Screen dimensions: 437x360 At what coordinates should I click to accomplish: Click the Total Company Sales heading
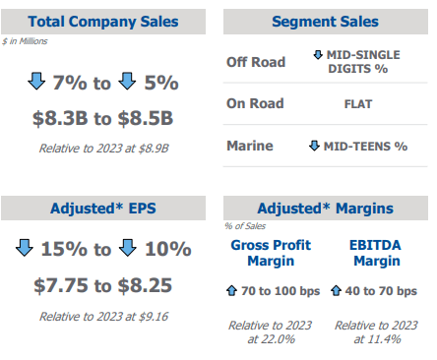click(x=103, y=22)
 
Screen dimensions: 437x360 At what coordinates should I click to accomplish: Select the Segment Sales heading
click(x=325, y=22)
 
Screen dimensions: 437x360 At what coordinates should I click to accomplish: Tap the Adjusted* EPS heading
click(x=103, y=209)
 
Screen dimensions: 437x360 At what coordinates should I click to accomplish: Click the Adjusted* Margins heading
click(x=325, y=209)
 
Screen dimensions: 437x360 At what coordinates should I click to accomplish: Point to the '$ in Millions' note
click(x=25, y=41)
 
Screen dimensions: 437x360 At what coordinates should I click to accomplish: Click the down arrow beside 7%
click(x=36, y=82)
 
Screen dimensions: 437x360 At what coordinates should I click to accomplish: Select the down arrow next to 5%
click(x=127, y=82)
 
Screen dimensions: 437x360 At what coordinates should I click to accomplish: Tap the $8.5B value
click(x=146, y=118)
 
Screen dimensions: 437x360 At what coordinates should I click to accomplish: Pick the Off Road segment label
click(x=256, y=62)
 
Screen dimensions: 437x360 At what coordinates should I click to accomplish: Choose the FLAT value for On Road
click(x=358, y=104)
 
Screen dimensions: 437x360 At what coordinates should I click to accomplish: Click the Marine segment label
click(x=250, y=146)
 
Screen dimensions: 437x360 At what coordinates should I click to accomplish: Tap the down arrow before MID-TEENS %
click(x=314, y=146)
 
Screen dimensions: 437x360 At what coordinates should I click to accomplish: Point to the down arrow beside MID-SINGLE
click(x=318, y=55)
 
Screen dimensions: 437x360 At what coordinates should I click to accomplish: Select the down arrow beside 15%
click(x=25, y=248)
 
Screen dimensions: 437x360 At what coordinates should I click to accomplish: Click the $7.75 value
click(x=61, y=285)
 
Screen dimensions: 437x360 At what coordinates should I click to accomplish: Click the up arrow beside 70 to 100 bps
click(x=231, y=290)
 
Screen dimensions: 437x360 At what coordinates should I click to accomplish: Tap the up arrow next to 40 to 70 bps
click(x=336, y=290)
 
